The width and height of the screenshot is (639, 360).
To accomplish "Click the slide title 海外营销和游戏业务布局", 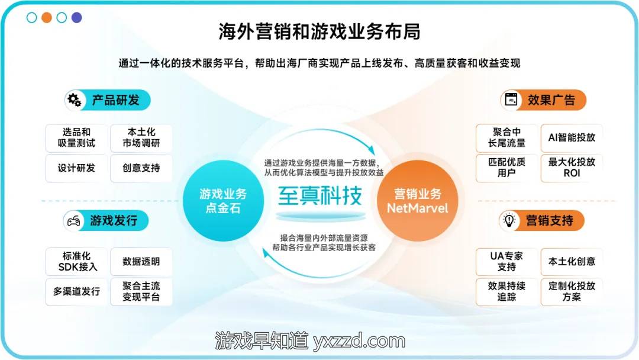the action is click(319, 31).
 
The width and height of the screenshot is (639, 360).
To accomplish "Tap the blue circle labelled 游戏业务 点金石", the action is click(223, 201).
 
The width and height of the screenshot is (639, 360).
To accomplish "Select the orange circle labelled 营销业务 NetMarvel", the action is click(417, 201).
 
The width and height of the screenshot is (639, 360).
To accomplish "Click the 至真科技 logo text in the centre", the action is click(320, 196).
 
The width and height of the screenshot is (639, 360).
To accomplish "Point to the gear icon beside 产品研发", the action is click(74, 100).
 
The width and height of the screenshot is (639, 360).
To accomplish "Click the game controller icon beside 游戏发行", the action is click(73, 221).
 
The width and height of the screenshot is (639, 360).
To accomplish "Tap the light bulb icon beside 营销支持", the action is click(509, 221).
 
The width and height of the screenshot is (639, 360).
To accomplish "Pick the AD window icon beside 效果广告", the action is click(511, 99).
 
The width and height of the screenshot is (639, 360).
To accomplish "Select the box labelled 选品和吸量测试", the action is click(76, 138).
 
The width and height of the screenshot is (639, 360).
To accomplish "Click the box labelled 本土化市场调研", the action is click(141, 138).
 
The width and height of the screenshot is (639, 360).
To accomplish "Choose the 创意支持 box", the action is click(141, 168).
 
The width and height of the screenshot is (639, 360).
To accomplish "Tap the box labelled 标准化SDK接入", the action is click(76, 262).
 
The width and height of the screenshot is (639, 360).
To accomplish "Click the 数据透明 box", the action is click(141, 262).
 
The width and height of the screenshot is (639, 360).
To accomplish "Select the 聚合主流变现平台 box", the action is click(141, 292).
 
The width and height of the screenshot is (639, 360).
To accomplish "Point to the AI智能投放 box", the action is click(572, 138).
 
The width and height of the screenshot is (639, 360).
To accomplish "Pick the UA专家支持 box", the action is click(506, 262).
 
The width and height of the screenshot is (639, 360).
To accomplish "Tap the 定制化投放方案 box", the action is click(572, 292).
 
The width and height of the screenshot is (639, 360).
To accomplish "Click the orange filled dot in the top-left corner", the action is click(47, 18).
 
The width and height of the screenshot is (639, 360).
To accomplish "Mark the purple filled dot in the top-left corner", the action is click(76, 18).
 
